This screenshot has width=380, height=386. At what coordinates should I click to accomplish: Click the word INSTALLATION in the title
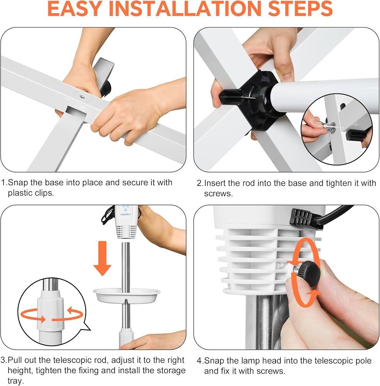pos(185,8)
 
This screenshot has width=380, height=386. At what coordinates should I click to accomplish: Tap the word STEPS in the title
pos(300,8)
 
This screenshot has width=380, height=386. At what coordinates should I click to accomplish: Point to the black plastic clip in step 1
pos(103,76)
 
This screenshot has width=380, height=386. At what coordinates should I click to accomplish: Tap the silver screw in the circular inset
pos(325,125)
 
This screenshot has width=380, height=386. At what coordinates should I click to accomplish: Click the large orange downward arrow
pos(102,258)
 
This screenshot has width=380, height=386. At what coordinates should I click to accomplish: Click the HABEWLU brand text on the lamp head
pos(126,214)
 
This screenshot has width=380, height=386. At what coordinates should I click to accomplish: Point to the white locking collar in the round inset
pos(51,310)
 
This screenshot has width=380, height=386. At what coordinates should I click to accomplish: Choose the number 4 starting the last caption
pos(199,361)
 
